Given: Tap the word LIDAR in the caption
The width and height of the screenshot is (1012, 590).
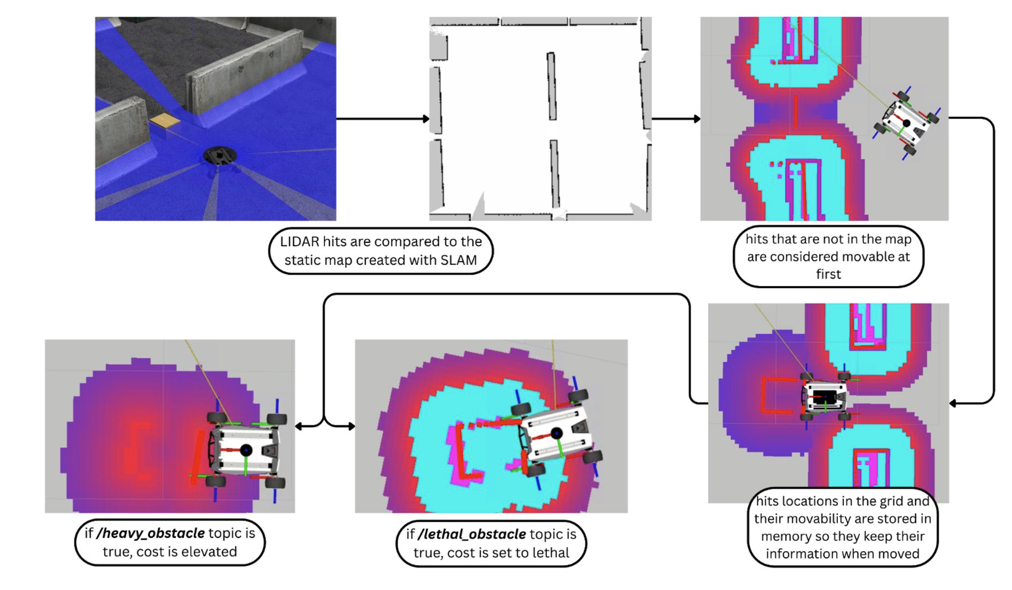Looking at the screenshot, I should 299,242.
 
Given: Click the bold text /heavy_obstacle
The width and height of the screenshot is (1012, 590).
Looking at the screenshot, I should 151,533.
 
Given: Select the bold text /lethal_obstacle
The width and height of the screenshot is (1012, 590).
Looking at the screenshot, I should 472,534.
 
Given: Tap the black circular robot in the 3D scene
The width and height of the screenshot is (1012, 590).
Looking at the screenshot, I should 220,156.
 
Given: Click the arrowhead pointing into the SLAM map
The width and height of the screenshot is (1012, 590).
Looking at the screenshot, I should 426,119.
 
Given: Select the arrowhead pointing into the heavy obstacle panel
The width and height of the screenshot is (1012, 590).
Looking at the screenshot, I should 299,426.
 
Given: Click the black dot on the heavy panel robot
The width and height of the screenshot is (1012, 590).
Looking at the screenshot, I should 246,450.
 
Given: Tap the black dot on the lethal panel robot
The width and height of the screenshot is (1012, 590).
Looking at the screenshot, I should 557,433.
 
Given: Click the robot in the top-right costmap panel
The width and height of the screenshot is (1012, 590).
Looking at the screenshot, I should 906,123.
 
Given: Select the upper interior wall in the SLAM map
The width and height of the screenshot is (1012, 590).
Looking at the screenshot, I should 551,86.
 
